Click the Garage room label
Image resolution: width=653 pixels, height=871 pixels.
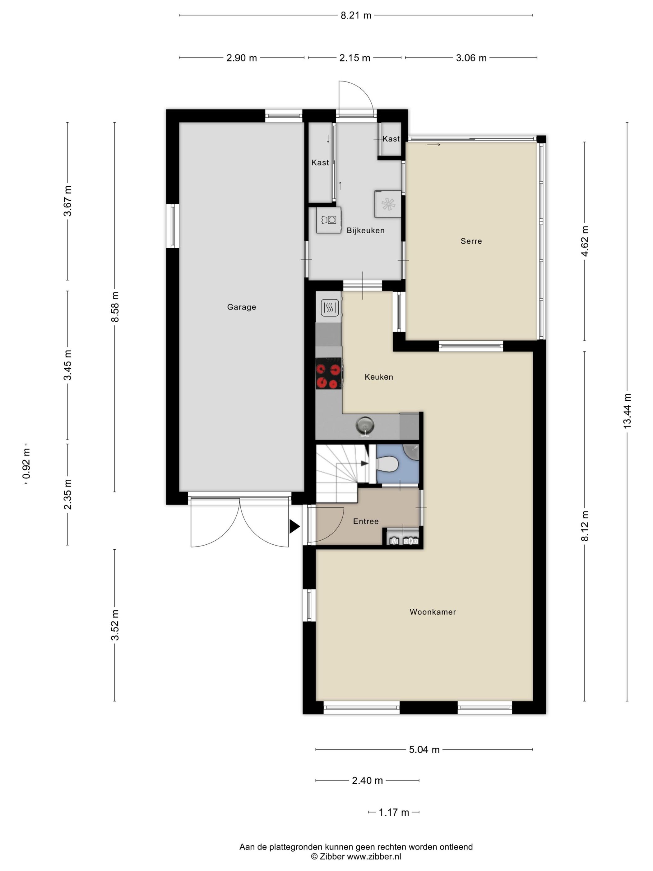click(241, 307)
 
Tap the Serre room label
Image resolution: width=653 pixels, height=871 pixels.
click(471, 241)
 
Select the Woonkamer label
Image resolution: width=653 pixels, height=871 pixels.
click(433, 612)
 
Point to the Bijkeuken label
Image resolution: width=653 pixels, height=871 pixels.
click(365, 231)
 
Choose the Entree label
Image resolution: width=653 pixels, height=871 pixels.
click(366, 521)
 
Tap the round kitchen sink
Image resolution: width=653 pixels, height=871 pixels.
click(364, 426)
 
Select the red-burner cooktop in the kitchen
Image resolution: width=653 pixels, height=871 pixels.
click(328, 376)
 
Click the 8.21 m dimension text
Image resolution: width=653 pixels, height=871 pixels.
click(355, 15)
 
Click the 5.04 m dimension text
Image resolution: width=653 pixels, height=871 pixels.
click(424, 749)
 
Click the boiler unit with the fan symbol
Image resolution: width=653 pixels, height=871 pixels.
click(388, 204)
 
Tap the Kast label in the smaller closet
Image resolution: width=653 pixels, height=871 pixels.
click(391, 139)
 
